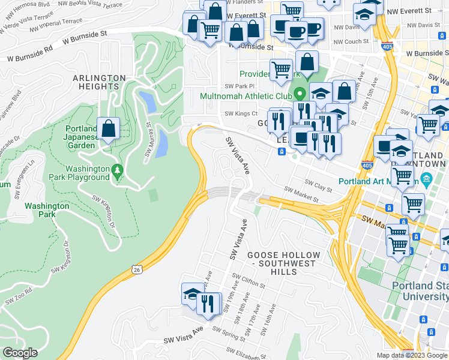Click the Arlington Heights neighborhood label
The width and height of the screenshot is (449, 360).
(99, 83)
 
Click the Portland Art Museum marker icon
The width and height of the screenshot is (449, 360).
(426, 178)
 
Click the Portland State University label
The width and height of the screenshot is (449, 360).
(421, 291)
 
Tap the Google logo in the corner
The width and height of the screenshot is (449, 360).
(20, 352)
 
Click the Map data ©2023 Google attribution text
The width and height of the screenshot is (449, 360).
(412, 355)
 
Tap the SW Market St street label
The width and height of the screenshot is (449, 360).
(300, 193)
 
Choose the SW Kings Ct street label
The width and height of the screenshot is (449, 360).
(241, 113)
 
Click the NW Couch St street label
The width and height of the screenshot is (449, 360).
(351, 41)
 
